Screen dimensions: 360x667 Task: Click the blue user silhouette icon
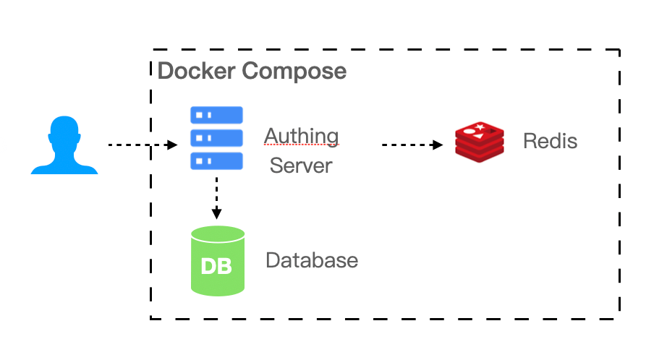[64, 146]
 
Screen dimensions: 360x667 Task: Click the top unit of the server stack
[216, 115]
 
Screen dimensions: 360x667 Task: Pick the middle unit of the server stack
[216, 137]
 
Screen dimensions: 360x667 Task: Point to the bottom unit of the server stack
[216, 160]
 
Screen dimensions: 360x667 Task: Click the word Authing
[301, 136]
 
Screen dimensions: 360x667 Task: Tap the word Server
[301, 166]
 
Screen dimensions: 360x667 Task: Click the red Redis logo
[480, 140]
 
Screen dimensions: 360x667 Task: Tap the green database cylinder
[217, 261]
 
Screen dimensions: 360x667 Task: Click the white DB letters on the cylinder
[216, 266]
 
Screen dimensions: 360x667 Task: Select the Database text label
[312, 260]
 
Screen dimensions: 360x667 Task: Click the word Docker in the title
[196, 72]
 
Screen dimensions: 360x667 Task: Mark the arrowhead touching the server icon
[172, 145]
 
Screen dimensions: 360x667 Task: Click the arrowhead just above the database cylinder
[216, 213]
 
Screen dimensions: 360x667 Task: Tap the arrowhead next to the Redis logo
[438, 145]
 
